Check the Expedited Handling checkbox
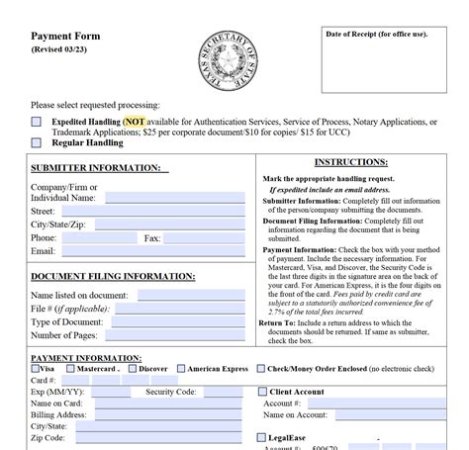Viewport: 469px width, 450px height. point(37,122)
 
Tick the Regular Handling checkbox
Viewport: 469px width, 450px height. point(37,142)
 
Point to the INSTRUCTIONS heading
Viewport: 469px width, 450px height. point(350,162)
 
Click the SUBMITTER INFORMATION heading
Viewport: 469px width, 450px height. point(95,168)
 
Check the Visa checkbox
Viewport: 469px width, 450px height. point(36,369)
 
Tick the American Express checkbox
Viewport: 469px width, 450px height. point(180,369)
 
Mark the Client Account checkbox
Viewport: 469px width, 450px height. point(262,392)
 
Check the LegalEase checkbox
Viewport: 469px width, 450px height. point(262,436)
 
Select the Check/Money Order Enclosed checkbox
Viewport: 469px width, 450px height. point(261,369)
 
